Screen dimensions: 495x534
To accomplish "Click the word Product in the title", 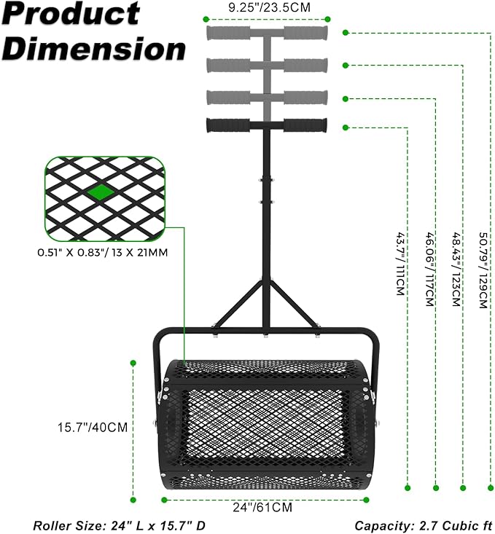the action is [71, 14].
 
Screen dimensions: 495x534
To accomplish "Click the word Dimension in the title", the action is [94, 48].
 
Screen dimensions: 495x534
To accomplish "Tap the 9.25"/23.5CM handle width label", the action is [269, 7].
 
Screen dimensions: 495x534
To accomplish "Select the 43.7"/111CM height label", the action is [400, 264].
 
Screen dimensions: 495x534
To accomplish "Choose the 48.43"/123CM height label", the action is [457, 269].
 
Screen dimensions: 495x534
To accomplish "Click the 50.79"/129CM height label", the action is [483, 270].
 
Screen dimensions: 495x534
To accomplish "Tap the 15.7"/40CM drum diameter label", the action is [93, 427].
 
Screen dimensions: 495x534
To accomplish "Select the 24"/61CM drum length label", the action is [262, 507].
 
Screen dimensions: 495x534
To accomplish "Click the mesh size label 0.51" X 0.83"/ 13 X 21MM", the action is [103, 253].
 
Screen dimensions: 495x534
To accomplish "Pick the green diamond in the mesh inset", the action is [101, 192].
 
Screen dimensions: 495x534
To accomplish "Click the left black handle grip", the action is [227, 125].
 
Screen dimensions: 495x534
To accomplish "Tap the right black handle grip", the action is [305, 125].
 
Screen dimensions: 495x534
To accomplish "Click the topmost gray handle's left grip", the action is [227, 33].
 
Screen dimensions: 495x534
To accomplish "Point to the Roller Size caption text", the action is [119, 526].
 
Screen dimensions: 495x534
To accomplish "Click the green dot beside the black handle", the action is [346, 127].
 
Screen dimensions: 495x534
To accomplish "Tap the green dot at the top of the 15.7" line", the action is [133, 363].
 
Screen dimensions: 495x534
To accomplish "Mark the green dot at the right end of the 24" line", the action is [366, 500].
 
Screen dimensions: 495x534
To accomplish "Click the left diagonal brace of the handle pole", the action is [238, 303].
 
